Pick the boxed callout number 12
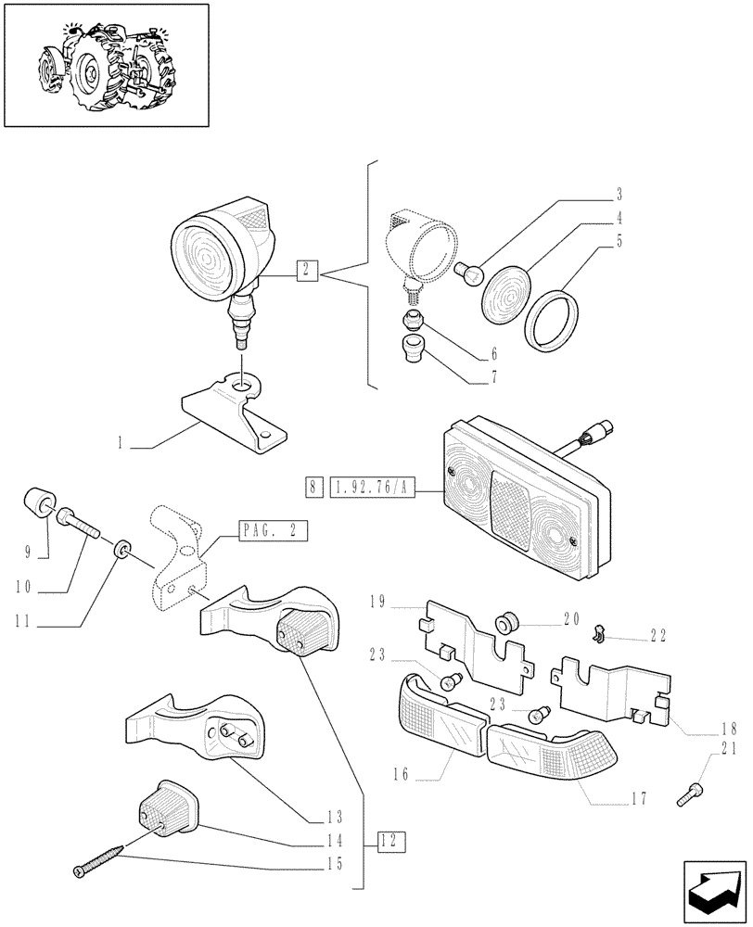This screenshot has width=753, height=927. [x=392, y=842]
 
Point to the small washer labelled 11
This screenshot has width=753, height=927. [x=119, y=552]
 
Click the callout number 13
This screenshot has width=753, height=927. [x=334, y=817]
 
